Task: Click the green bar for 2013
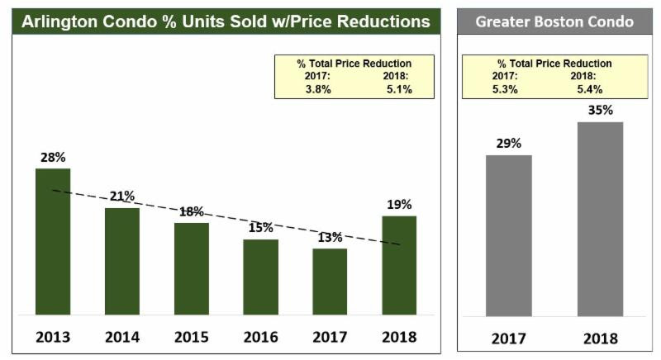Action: (53, 241)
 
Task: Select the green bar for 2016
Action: (260, 277)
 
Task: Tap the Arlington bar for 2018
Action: (399, 265)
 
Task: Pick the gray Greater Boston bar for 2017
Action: (508, 235)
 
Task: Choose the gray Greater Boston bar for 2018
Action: (601, 219)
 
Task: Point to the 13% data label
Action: (330, 238)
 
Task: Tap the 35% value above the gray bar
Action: (601, 111)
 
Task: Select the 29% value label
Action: (508, 144)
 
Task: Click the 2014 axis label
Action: (122, 337)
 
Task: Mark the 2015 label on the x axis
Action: (192, 337)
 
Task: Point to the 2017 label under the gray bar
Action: (508, 339)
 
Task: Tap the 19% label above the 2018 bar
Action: (399, 205)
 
